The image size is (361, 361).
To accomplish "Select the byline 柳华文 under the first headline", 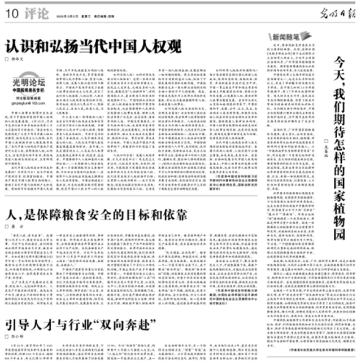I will (x=21, y=59).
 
